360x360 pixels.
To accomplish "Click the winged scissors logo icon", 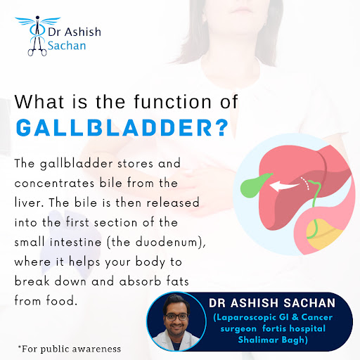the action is pos(37,35).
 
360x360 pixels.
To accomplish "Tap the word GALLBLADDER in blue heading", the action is pos(114,128).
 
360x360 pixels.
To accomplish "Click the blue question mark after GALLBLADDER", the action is pos(221,128).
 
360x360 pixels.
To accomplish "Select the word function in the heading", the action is pos(173,102).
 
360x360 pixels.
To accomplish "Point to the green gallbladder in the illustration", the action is pos(255,186).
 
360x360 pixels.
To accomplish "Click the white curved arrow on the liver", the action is pos(284,186).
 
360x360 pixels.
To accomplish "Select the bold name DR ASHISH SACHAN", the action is pos(272,303).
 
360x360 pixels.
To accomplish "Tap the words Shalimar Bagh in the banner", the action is pos(272,340).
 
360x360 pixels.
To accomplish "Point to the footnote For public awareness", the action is pos(70,349).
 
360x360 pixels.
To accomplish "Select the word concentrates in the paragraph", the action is pos(54,184).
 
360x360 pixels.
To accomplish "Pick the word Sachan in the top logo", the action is pos(67,46).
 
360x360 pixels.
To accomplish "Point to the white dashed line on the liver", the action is pos(305,183).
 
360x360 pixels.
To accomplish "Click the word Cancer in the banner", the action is pos(316,317).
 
